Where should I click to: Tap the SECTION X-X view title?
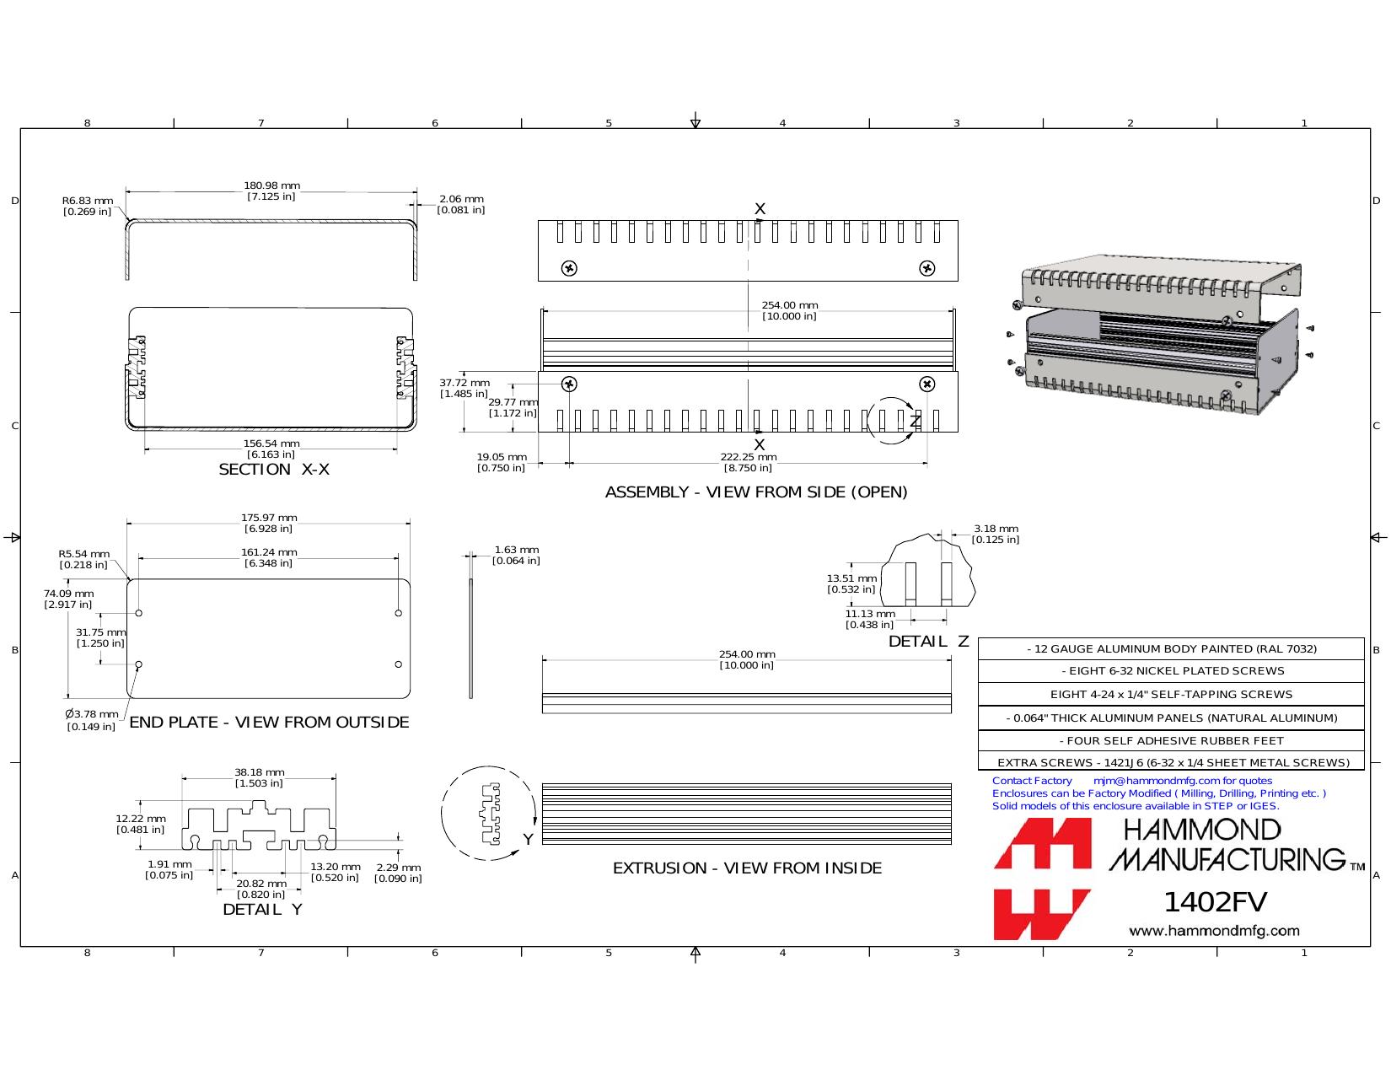tap(274, 470)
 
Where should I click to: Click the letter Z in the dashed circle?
tap(916, 421)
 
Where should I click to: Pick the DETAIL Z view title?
tap(929, 641)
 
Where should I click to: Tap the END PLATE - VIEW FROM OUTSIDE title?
tap(269, 723)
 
